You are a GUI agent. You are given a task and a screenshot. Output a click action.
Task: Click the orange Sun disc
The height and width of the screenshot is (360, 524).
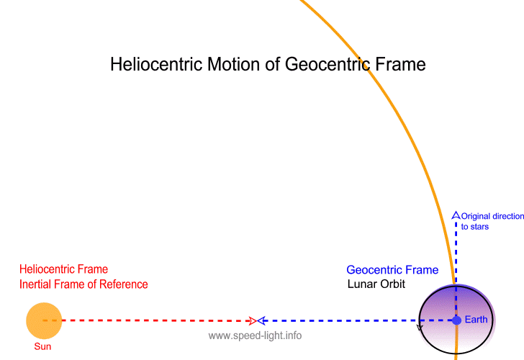pos(44,320)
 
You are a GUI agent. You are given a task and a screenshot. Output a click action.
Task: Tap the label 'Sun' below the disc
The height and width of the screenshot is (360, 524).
pos(44,346)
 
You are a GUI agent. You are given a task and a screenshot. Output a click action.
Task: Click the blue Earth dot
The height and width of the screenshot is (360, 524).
pos(456,320)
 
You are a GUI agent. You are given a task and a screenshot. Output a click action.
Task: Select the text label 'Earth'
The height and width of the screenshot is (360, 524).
pos(476,320)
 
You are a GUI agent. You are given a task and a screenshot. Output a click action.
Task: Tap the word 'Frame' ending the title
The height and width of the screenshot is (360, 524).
pos(399,64)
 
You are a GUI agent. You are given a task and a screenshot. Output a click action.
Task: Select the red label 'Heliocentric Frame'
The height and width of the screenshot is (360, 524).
pos(64,270)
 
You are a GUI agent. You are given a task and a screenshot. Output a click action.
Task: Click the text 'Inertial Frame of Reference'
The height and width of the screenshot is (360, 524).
pos(83,284)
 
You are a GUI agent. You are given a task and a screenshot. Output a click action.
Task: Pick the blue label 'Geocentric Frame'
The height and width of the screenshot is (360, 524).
pos(392,270)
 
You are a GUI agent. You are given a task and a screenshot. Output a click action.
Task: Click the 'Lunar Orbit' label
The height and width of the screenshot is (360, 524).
pos(376,284)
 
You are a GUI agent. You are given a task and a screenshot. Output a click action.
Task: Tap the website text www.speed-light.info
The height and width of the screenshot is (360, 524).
pos(255,336)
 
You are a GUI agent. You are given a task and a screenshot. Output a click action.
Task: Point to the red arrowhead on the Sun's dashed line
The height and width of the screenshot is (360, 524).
pos(251,320)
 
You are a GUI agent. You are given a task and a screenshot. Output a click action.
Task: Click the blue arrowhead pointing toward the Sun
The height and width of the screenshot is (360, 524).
pos(262,320)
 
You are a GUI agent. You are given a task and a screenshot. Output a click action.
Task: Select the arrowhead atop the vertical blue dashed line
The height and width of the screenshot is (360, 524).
pos(455,215)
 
